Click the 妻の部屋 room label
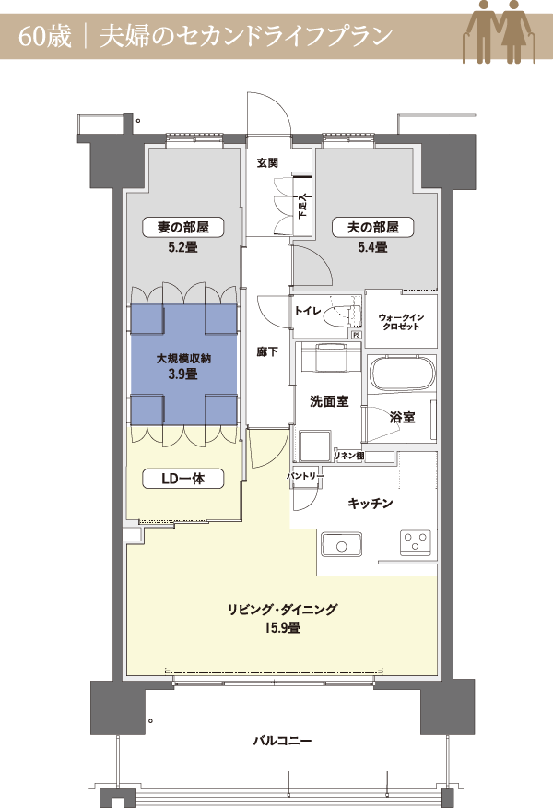click(x=182, y=227)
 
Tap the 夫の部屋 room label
click(x=372, y=227)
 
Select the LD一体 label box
click(x=182, y=479)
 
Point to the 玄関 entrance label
click(x=268, y=163)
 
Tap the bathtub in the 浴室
click(x=403, y=373)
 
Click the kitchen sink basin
click(x=341, y=545)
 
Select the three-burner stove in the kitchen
click(x=416, y=542)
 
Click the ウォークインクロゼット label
click(x=401, y=322)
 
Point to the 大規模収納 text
click(x=183, y=358)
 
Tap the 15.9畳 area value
click(x=283, y=627)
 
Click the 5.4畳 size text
click(x=372, y=247)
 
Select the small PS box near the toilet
click(x=357, y=335)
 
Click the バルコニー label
click(x=282, y=741)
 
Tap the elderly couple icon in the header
click(x=499, y=32)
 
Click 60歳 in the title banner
click(x=44, y=37)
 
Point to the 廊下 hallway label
click(x=267, y=352)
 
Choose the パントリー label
click(x=305, y=476)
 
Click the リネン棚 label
click(x=348, y=456)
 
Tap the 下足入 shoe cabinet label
click(x=302, y=206)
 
